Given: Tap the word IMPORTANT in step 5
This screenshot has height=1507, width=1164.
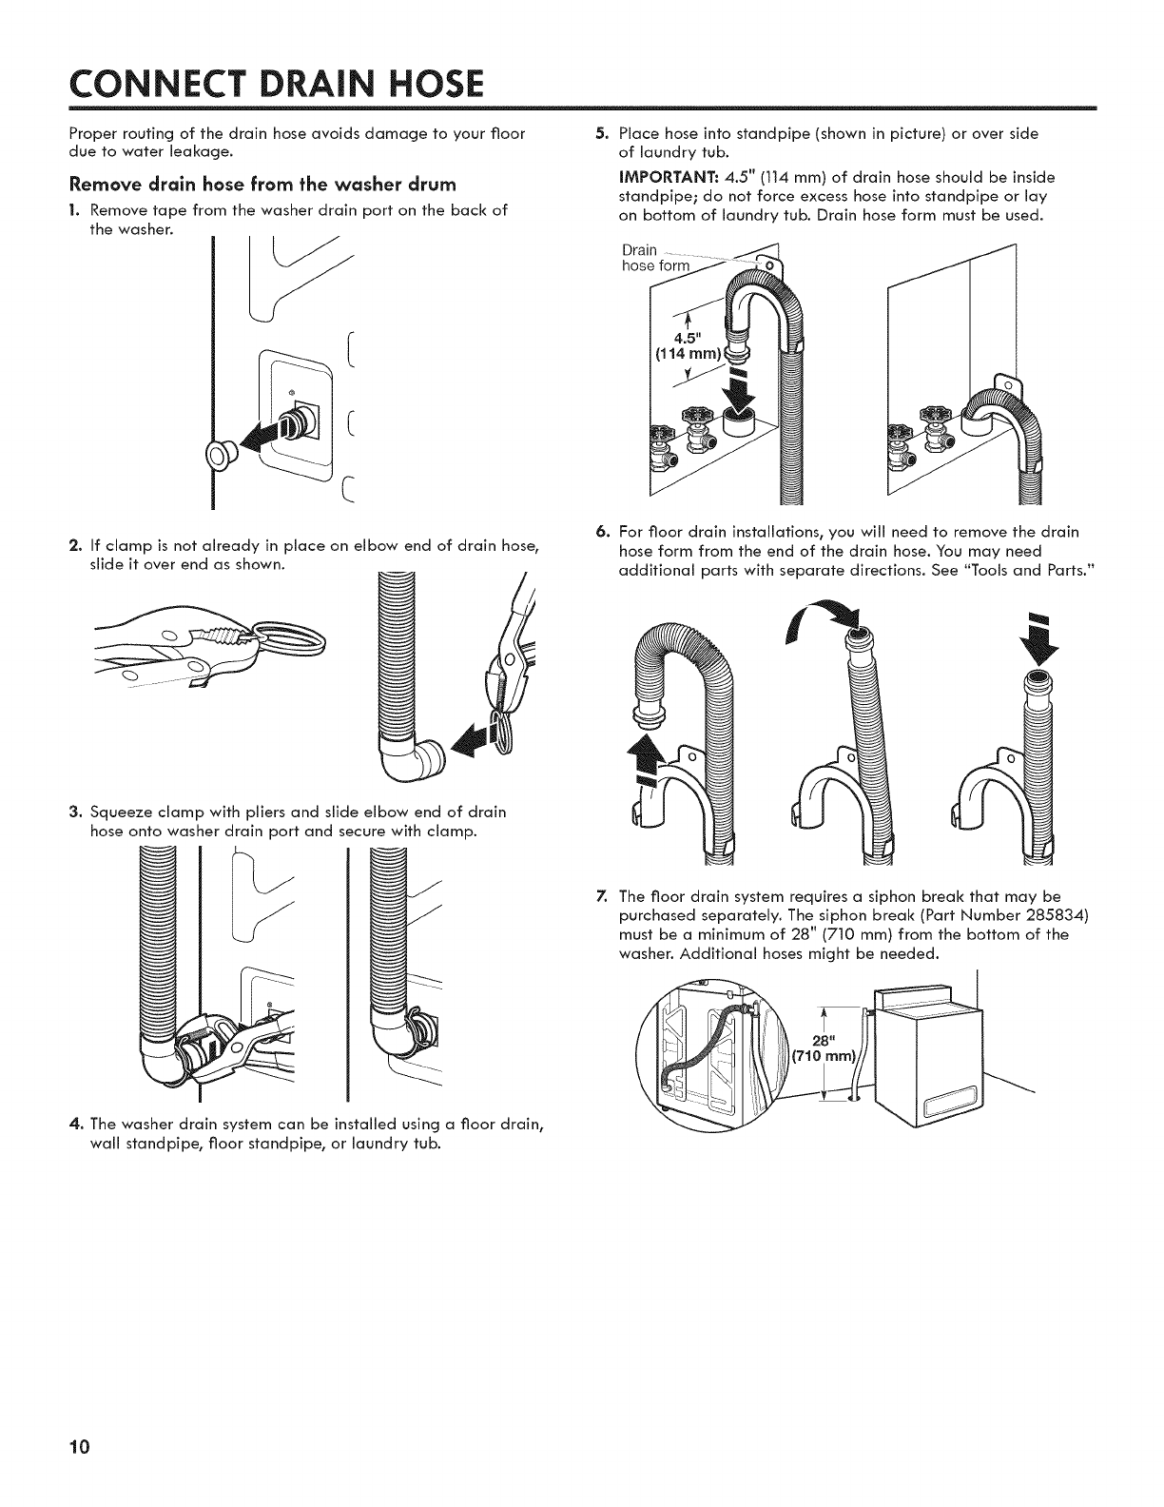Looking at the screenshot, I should point(662,178).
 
